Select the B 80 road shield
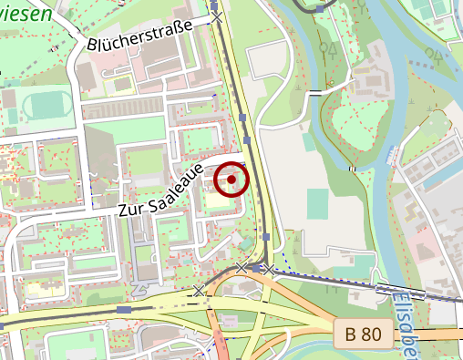363,334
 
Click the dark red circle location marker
232,180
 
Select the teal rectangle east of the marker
317,203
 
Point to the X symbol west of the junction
199,290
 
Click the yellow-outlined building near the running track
119,86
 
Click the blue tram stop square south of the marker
265,237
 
